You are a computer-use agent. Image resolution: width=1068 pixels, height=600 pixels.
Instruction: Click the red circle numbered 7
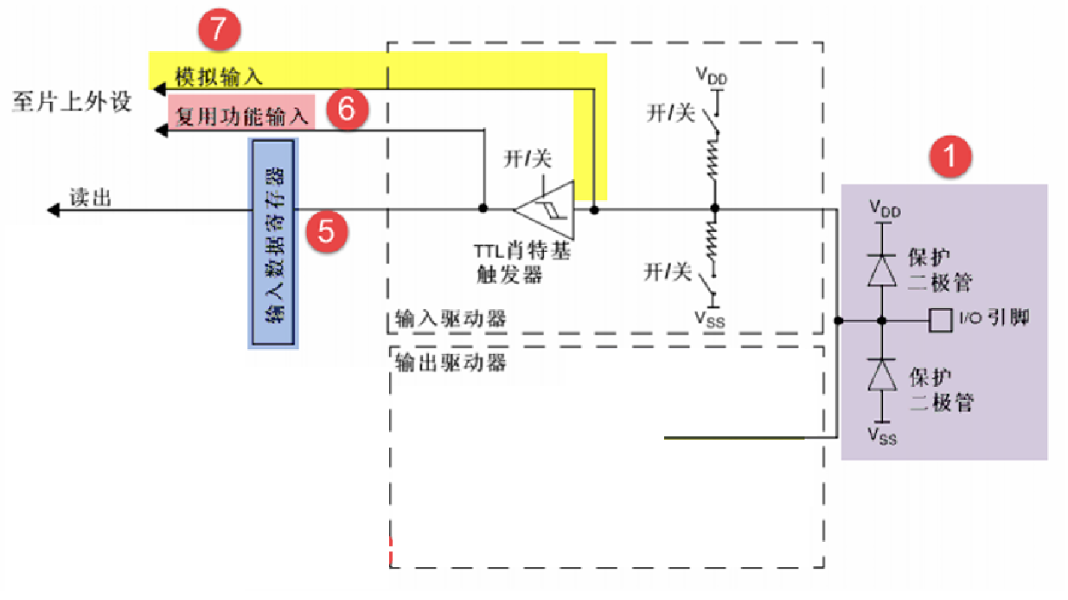(x=218, y=29)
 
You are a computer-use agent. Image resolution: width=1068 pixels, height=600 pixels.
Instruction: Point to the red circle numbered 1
(x=950, y=158)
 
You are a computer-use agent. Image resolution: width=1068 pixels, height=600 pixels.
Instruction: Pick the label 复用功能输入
(x=242, y=115)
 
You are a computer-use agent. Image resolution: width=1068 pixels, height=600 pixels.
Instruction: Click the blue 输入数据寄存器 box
(x=273, y=243)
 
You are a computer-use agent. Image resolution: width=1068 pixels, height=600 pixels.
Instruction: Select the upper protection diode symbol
(x=881, y=270)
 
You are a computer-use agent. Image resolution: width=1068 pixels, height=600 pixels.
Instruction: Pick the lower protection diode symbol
(x=881, y=375)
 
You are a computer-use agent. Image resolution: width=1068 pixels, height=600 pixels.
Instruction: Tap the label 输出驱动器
(x=450, y=362)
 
